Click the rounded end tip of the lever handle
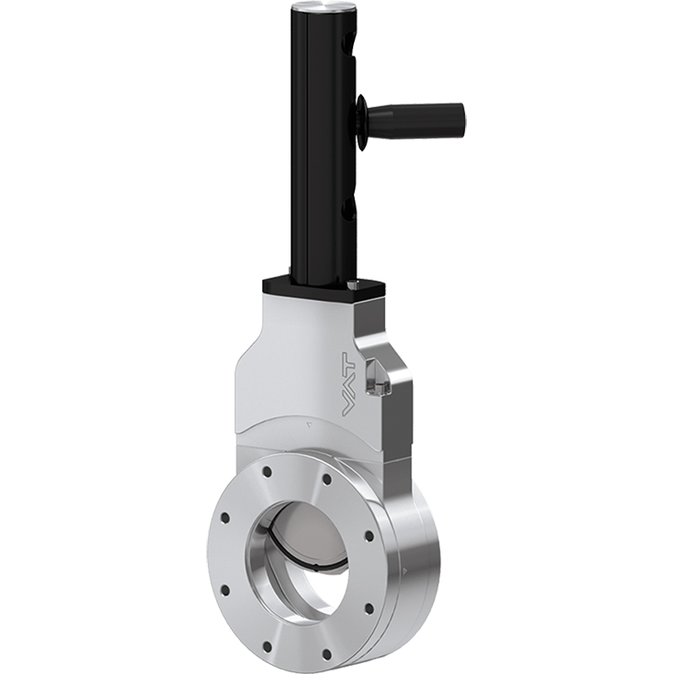point(463,110)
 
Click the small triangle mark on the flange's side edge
point(408,571)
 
